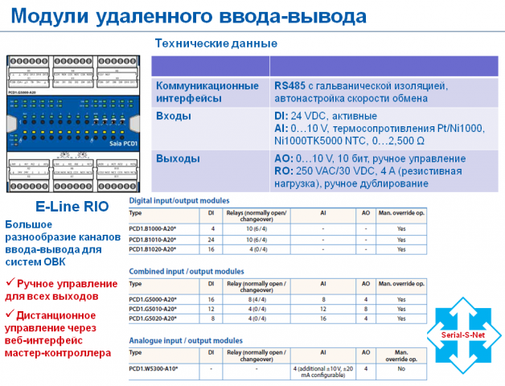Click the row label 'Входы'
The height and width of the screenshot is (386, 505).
click(174, 116)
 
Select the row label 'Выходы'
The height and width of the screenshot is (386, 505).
click(178, 158)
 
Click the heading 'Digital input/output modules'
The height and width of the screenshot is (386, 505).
click(179, 200)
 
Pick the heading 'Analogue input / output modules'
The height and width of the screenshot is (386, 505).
click(186, 340)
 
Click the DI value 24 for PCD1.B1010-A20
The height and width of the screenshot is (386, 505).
click(211, 239)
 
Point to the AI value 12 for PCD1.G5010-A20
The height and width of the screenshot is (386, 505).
click(322, 310)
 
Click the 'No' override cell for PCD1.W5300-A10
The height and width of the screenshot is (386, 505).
click(400, 369)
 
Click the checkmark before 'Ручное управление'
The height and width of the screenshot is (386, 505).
click(10, 283)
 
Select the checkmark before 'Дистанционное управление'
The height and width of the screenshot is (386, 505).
click(10, 314)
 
